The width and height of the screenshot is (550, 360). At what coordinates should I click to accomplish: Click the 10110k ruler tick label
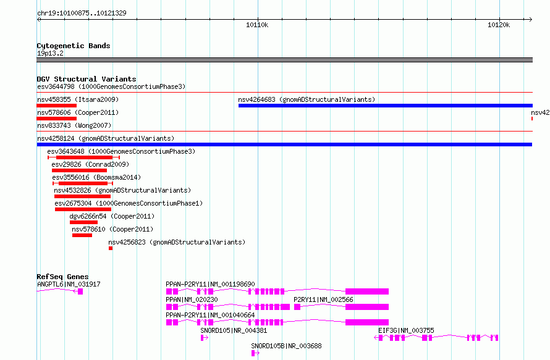(257, 25)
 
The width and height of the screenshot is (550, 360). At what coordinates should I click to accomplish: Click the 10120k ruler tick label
(499, 25)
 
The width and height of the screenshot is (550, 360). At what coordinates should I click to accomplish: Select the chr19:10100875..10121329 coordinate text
(82, 13)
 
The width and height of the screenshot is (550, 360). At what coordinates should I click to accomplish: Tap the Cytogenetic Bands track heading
(74, 46)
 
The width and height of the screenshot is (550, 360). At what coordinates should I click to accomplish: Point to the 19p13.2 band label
(50, 53)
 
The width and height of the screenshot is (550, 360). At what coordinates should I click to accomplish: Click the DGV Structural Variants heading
(87, 79)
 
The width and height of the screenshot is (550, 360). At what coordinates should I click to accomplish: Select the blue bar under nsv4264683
(386, 106)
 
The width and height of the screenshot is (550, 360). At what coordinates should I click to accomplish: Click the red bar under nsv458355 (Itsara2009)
(56, 106)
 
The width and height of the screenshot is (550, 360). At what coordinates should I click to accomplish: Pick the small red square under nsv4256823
(111, 248)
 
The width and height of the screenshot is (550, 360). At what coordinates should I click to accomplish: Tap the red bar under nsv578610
(82, 235)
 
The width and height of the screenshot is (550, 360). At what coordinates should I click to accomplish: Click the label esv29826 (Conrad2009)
(90, 164)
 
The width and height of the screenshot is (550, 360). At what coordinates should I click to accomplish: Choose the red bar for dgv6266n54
(83, 222)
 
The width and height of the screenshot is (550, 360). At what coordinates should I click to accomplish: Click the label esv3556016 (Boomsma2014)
(96, 177)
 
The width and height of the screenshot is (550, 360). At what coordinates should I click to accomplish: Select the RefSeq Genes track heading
(62, 277)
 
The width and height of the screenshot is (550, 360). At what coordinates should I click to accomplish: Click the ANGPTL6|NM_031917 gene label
(69, 284)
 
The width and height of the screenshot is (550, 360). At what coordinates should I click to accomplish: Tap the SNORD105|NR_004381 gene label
(234, 330)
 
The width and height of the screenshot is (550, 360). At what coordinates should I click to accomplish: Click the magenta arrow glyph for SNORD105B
(255, 353)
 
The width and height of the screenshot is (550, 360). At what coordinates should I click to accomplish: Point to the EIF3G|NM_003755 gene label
(406, 330)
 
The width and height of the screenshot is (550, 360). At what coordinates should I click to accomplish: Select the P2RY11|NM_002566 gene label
(323, 299)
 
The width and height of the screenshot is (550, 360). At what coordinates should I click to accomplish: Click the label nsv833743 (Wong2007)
(74, 125)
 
